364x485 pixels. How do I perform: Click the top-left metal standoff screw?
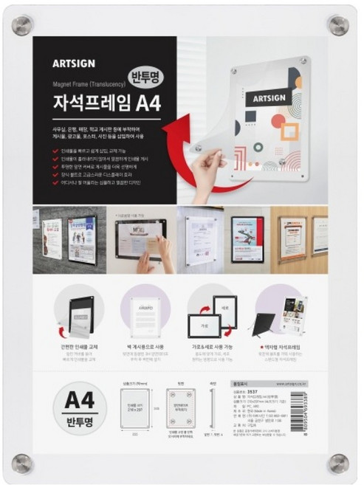(23, 24)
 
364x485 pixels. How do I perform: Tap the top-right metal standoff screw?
(339, 25)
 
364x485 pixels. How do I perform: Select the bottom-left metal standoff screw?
(23, 463)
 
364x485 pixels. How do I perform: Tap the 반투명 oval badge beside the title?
(149, 76)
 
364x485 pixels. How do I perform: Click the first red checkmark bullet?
(56, 150)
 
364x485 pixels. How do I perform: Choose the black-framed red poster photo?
(247, 239)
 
